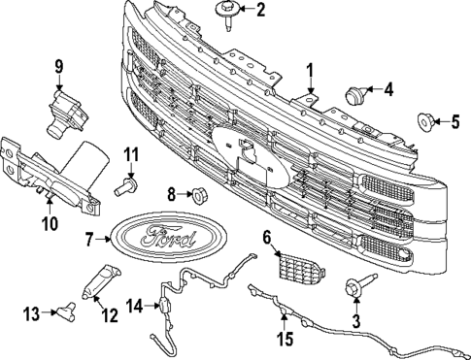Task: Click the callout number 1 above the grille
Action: [x=310, y=70]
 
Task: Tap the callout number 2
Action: [x=259, y=11]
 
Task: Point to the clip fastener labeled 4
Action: [x=356, y=95]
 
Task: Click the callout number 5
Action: [x=454, y=121]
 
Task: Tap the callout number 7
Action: [x=89, y=238]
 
